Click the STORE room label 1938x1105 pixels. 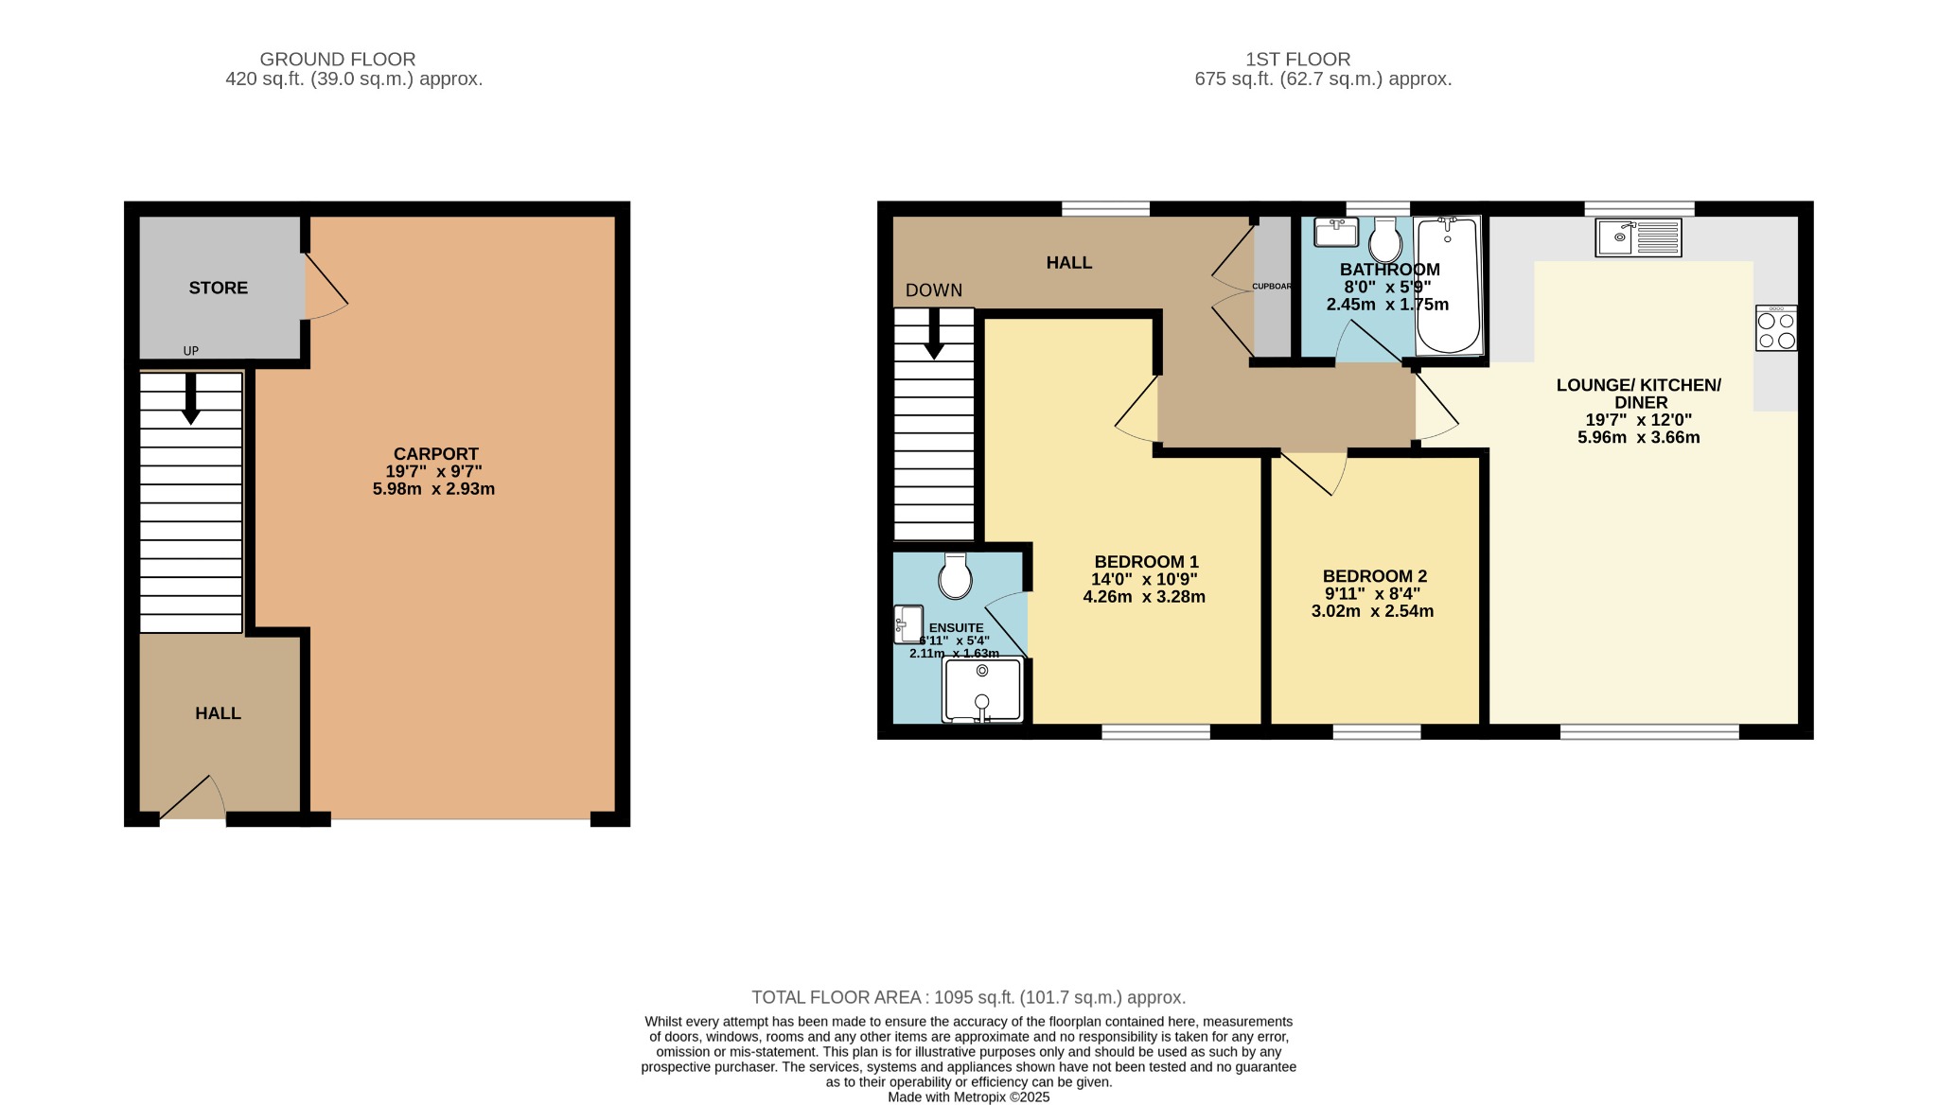click(218, 288)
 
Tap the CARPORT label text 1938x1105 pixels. click(435, 454)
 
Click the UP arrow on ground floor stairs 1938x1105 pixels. click(190, 397)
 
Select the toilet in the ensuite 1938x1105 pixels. click(956, 576)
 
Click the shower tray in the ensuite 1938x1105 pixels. click(982, 691)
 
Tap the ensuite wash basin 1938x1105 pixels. click(908, 624)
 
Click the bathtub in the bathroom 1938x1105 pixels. click(1448, 284)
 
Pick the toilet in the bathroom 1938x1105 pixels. click(1385, 240)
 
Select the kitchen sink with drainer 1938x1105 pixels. click(1638, 237)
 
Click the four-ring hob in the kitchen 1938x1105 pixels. click(1775, 328)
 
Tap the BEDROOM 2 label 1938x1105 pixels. click(1374, 576)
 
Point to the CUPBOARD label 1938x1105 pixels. click(1272, 286)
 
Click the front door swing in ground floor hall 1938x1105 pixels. click(194, 799)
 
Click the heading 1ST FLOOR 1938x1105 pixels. click(1297, 59)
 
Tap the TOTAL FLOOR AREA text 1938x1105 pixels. click(968, 997)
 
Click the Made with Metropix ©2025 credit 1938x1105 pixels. click(968, 1097)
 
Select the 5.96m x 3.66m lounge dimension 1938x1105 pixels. click(1638, 437)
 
